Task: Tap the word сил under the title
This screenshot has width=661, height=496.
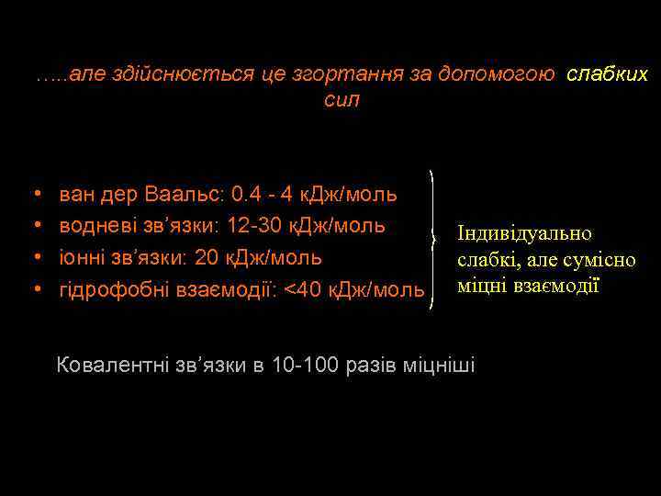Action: click(342, 100)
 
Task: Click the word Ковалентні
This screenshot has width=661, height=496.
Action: click(110, 366)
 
